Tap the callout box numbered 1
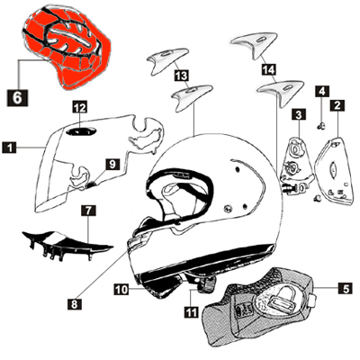tap(9, 145)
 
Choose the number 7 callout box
tap(87, 211)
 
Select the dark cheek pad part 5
tap(261, 306)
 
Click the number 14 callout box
tap(267, 67)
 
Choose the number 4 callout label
tap(320, 91)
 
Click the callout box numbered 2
tap(337, 106)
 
